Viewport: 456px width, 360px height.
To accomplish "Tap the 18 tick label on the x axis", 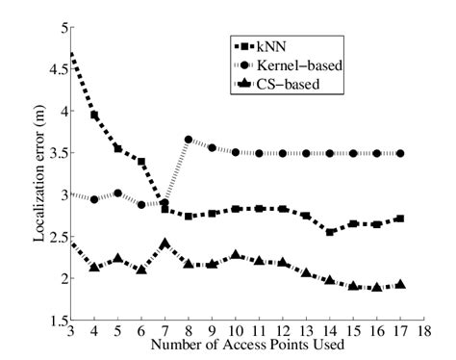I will click(x=424, y=332).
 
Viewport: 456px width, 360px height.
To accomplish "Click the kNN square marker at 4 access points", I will click(x=94, y=115).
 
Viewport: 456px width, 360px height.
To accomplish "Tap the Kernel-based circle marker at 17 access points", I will click(x=400, y=153).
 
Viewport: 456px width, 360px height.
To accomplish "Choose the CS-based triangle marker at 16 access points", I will click(x=377, y=287).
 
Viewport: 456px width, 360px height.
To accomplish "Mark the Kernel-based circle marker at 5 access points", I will click(x=117, y=193).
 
